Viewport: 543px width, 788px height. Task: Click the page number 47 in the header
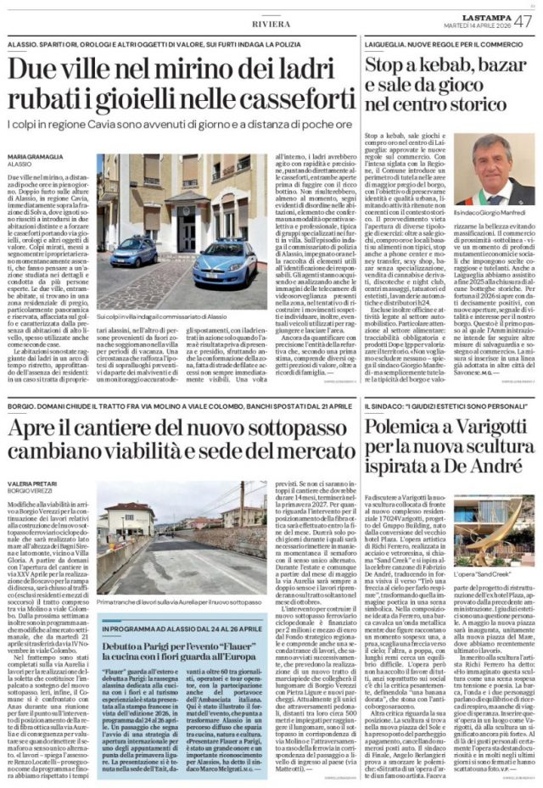point(523,20)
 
